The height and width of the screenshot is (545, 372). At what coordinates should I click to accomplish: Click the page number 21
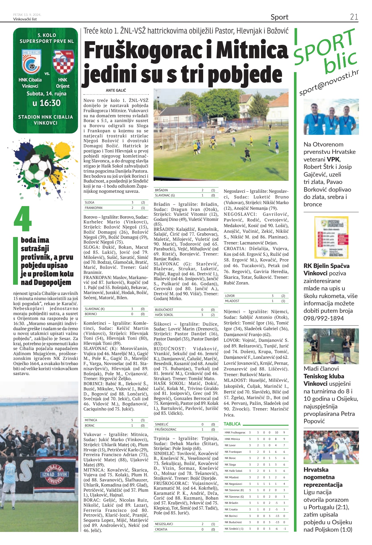pyautogui.click(x=354, y=17)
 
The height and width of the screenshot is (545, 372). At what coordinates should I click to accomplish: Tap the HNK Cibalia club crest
pyautogui.click(x=31, y=61)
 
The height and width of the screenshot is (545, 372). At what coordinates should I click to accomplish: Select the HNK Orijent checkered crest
pyautogui.click(x=63, y=62)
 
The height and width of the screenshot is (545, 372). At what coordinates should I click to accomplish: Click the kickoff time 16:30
pyautogui.click(x=47, y=103)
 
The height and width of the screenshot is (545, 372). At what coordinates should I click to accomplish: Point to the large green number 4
pyautogui.click(x=22, y=219)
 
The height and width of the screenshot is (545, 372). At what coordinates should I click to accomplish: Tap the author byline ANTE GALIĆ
pyautogui.click(x=116, y=90)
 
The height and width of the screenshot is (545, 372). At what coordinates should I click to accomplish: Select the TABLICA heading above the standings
pyautogui.click(x=232, y=424)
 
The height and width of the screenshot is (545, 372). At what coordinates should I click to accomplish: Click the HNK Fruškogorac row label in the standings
pyautogui.click(x=235, y=433)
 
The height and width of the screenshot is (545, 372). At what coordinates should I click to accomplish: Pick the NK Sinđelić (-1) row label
pyautogui.click(x=234, y=529)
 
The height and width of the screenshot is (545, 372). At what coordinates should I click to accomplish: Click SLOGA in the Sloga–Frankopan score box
pyautogui.click(x=89, y=202)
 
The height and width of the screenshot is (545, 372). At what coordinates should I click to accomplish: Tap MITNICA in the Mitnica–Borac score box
pyautogui.click(x=91, y=420)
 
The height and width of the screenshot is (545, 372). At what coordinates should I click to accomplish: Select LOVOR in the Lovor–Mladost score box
pyautogui.click(x=230, y=295)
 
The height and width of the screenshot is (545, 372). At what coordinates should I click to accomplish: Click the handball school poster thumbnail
pyautogui.click(x=331, y=237)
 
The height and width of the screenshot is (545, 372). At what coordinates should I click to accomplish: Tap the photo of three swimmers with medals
pyautogui.click(x=331, y=117)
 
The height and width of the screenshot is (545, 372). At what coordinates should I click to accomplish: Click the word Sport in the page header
pyautogui.click(x=279, y=17)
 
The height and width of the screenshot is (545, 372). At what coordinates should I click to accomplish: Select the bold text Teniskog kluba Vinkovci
pyautogui.click(x=324, y=380)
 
